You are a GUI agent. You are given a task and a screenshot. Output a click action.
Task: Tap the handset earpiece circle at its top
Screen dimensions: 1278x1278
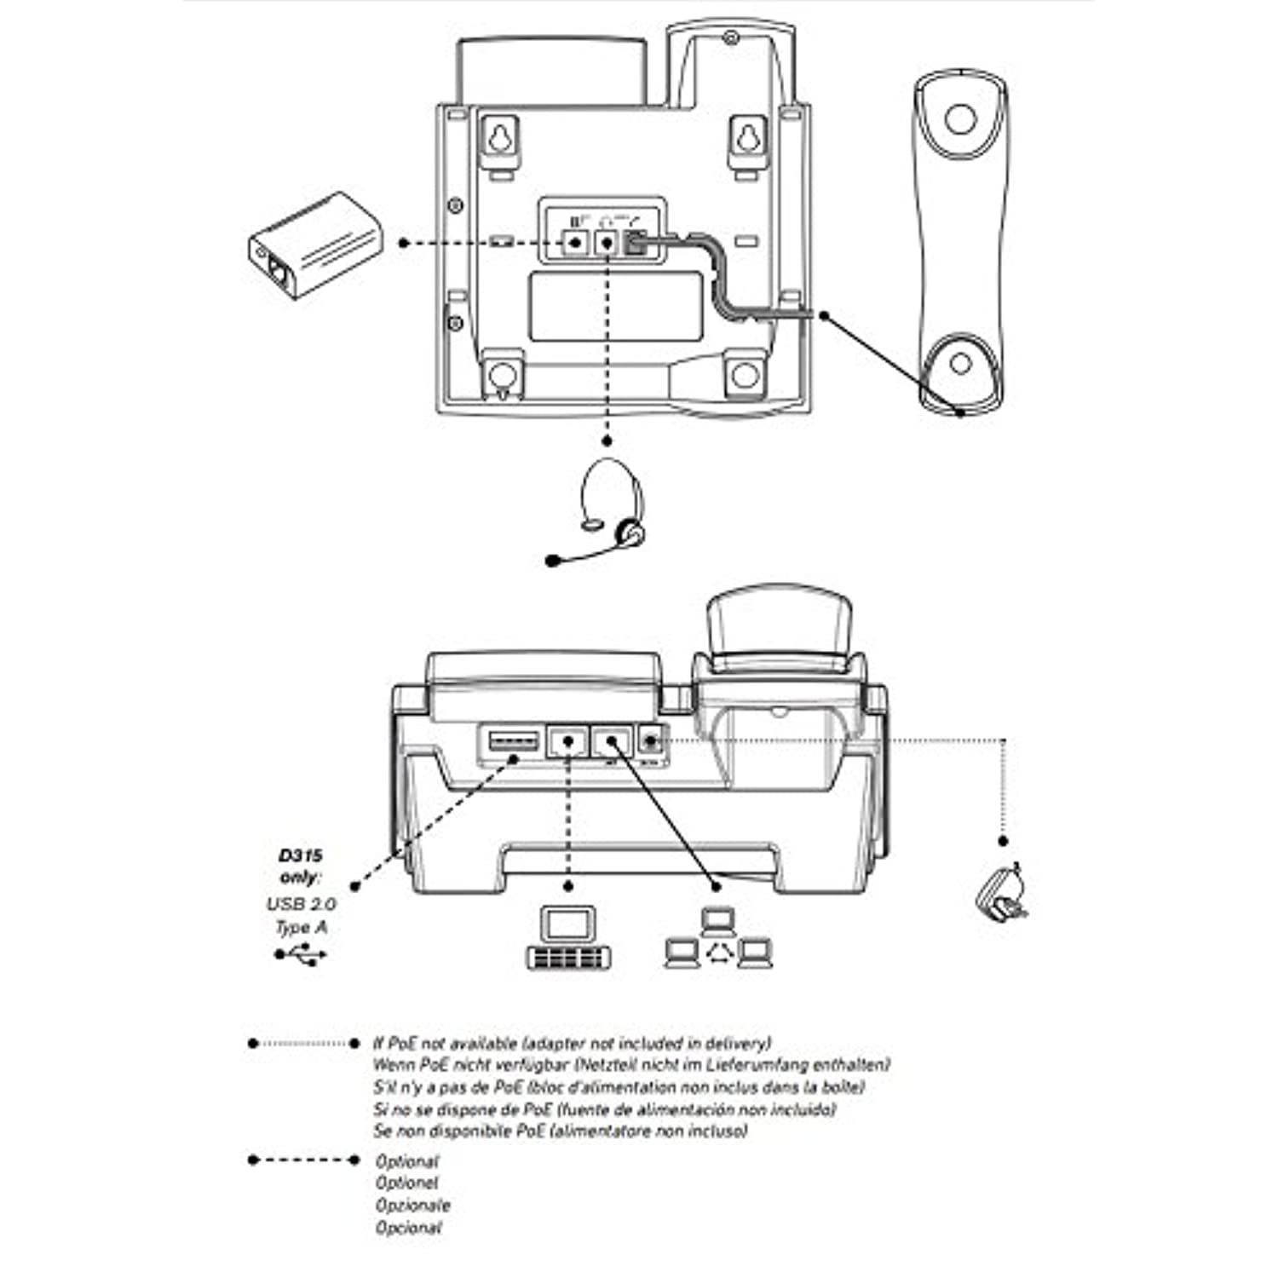click(x=960, y=118)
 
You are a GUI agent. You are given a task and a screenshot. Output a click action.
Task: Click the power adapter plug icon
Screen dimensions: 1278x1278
click(x=1004, y=893)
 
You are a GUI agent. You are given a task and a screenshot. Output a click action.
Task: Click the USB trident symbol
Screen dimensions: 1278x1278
click(x=301, y=954)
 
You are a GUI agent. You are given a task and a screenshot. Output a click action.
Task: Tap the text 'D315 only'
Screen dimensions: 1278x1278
click(x=301, y=866)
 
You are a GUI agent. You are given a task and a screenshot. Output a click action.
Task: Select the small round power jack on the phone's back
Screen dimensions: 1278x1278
click(x=651, y=739)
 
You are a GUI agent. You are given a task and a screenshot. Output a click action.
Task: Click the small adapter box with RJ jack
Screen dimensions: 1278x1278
click(x=315, y=245)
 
